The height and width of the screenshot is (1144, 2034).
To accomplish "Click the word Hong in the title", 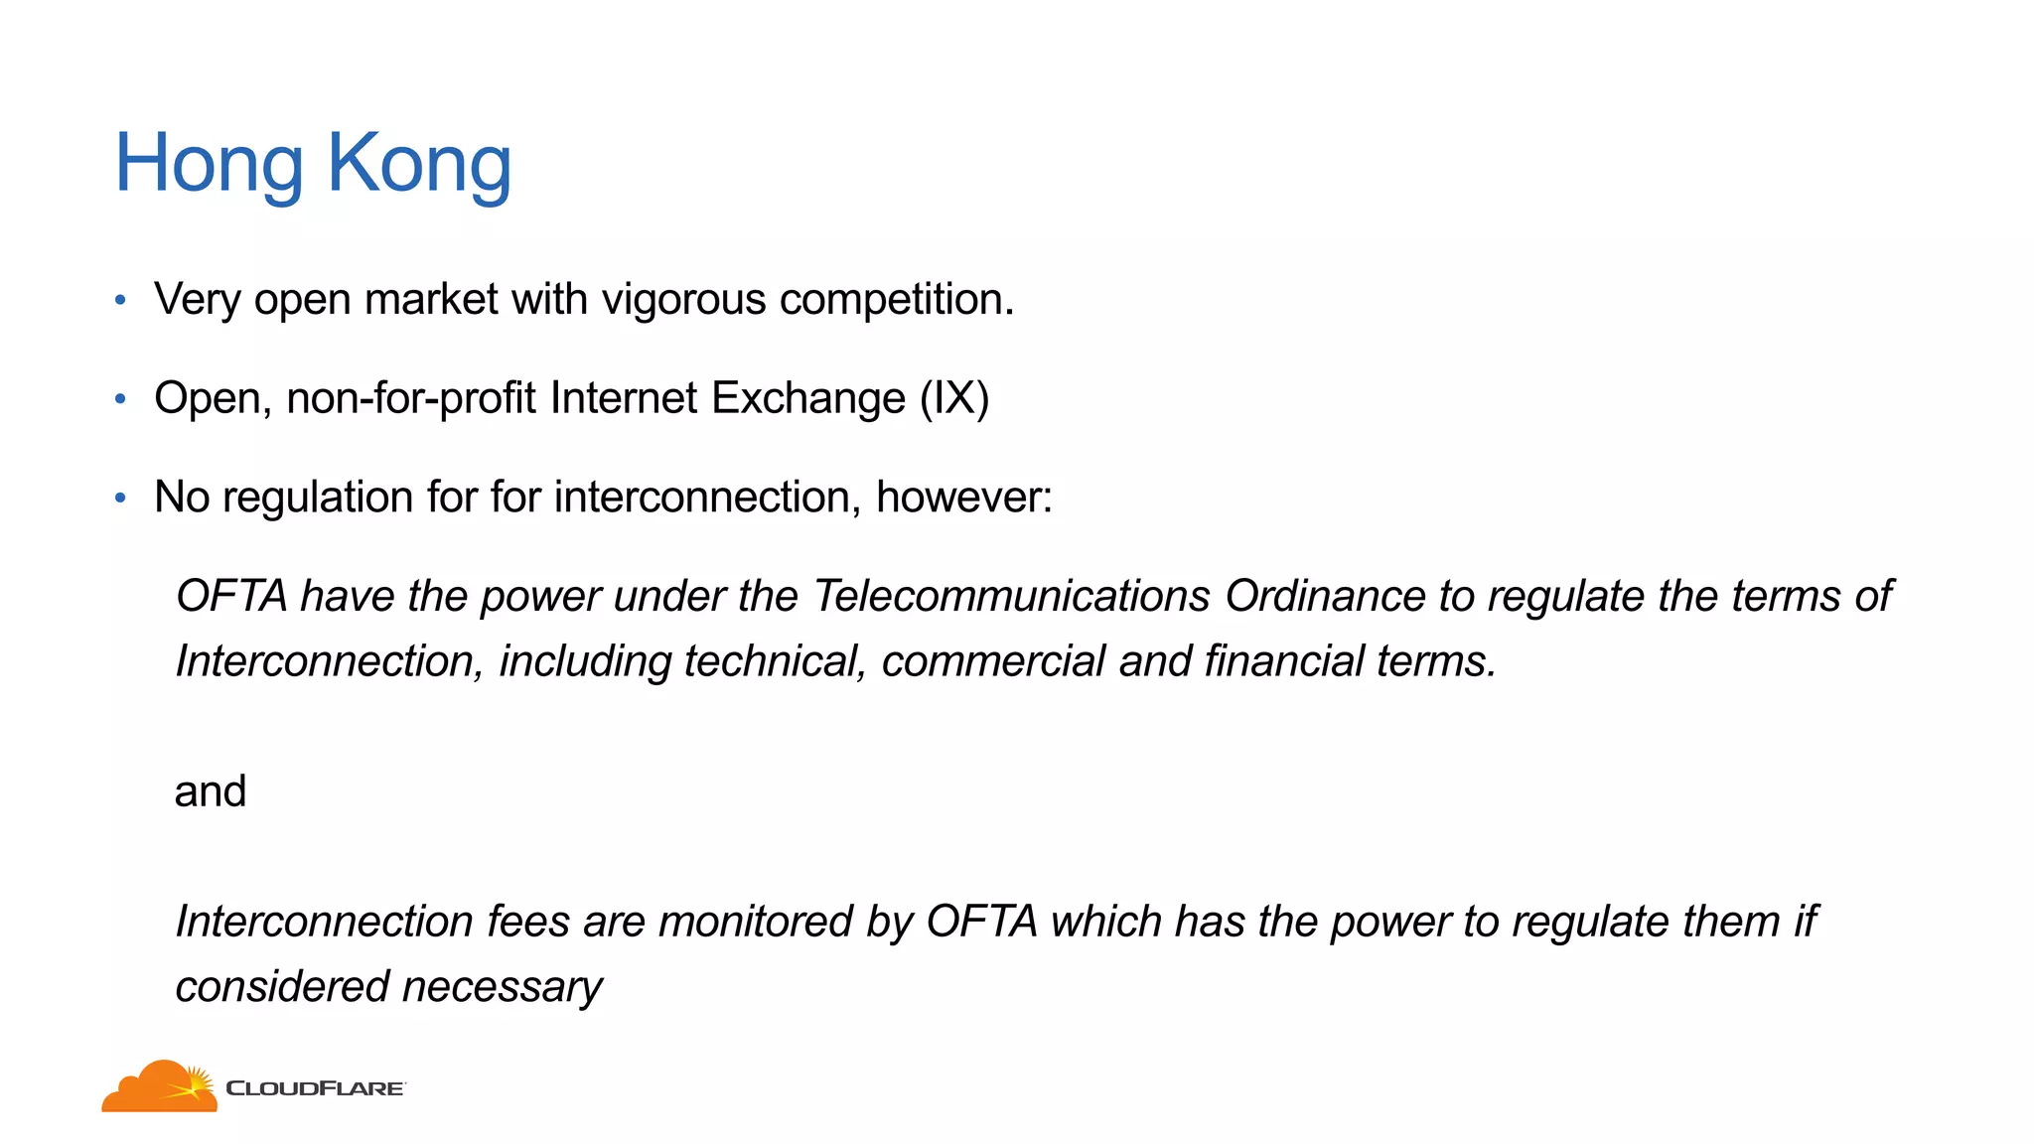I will pyautogui.click(x=209, y=164).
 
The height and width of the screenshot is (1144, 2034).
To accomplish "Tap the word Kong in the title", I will pyautogui.click(x=419, y=164).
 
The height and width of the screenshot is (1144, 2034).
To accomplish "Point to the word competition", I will pyautogui.click(x=896, y=300).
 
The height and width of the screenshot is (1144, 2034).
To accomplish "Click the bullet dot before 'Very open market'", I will pyautogui.click(x=120, y=300).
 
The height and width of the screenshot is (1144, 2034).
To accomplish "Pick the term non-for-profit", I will pyautogui.click(x=411, y=398).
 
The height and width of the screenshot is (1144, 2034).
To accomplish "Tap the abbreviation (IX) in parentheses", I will pyautogui.click(x=954, y=398).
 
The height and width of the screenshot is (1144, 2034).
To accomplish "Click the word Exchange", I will pyautogui.click(x=808, y=398).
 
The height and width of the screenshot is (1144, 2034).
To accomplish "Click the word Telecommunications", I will pyautogui.click(x=1011, y=596).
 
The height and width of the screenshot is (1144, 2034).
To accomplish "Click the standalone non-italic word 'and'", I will pyautogui.click(x=210, y=791).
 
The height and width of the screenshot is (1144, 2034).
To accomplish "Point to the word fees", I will pyautogui.click(x=527, y=922).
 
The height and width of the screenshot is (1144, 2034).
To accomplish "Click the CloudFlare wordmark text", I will pyautogui.click(x=315, y=1088).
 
